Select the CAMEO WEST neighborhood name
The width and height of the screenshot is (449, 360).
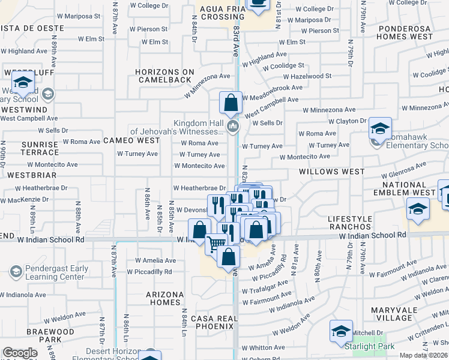click(x=131, y=140)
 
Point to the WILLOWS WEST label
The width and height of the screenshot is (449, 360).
click(x=332, y=172)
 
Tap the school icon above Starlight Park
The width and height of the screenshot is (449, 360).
click(x=341, y=331)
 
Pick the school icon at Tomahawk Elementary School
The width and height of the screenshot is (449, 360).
click(x=380, y=128)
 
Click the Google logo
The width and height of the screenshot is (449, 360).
click(x=20, y=353)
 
